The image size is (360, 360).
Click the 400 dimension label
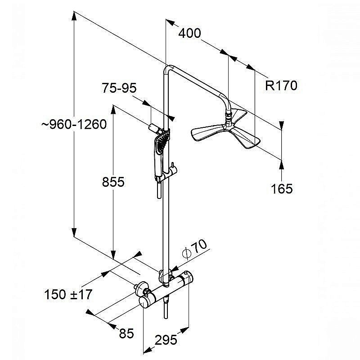(189, 33)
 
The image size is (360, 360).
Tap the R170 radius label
(281, 85)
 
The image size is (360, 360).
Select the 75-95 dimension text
(119, 88)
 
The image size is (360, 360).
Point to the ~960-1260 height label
(74, 124)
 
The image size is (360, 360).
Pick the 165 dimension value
(282, 188)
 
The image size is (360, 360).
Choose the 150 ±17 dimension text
(68, 295)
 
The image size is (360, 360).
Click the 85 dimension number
(127, 333)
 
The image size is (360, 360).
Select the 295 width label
(166, 340)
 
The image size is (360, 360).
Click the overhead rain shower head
(225, 133)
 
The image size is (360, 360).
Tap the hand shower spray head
(160, 144)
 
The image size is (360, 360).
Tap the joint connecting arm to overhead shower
(230, 118)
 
